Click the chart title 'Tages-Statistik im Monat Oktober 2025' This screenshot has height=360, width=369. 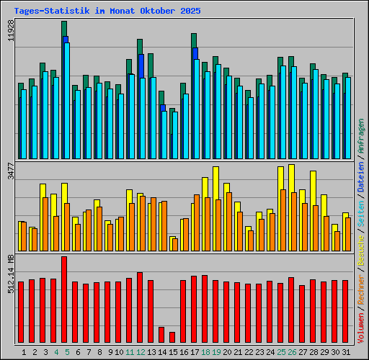click(107, 12)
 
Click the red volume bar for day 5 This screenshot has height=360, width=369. click(64, 300)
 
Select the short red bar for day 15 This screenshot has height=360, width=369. click(172, 337)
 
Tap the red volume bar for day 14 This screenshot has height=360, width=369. click(161, 335)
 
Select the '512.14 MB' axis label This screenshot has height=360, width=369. click(11, 273)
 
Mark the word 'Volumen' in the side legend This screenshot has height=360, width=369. click(361, 328)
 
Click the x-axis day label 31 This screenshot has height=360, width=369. click(346, 352)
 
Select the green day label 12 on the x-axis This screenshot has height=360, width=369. click(141, 352)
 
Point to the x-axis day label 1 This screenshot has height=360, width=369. click(24, 352)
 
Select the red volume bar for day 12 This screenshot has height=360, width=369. click(140, 307)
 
